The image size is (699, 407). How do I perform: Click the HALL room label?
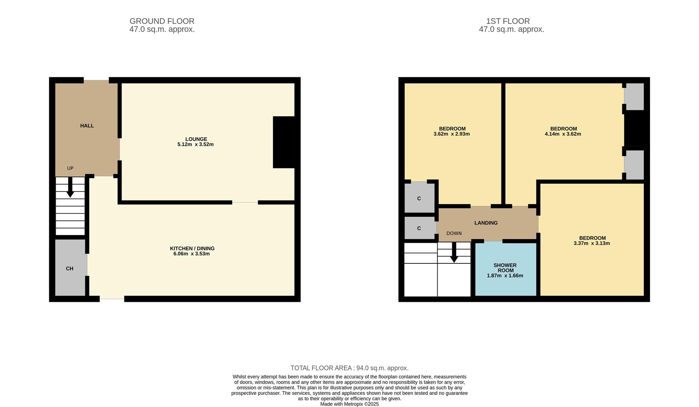coord(87,125)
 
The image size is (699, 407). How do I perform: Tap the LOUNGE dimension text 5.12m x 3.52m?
coord(196,144)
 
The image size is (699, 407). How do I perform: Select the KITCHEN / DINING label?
coord(192,248)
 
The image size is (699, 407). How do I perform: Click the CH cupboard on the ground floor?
coord(70,268)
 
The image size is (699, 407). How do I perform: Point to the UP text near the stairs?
coord(70,168)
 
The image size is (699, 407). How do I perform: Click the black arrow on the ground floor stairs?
coord(70,187)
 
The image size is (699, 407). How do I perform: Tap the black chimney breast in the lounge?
coord(284,142)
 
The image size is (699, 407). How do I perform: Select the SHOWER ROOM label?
coord(505,268)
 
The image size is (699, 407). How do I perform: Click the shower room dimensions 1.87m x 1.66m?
coord(505,275)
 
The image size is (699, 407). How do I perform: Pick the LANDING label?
coord(486,223)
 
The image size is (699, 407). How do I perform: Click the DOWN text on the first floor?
coord(454,233)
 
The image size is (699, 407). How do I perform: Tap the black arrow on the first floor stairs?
coord(454,252)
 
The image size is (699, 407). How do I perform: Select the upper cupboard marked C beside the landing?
coord(419,198)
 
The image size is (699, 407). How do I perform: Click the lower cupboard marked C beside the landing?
coord(419,228)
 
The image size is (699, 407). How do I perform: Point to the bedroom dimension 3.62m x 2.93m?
coord(452,134)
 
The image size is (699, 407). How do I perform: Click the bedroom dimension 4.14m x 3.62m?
coord(563,134)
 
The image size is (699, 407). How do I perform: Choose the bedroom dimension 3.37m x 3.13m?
coord(592,243)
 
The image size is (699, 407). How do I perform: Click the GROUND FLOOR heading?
coord(162,21)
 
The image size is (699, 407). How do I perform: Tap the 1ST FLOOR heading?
coord(508,21)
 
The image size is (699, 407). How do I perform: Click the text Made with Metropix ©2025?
coord(349,404)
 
